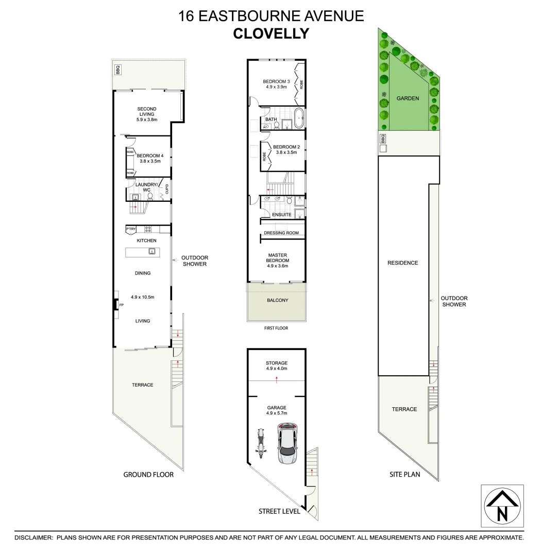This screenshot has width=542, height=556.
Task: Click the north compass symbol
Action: (502, 506)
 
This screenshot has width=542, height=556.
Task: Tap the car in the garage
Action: (287, 443)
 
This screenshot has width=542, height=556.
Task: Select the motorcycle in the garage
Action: (260, 443)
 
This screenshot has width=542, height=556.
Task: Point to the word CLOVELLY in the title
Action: (271, 33)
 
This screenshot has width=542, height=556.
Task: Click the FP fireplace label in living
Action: (122, 305)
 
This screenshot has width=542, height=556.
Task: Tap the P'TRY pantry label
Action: (131, 230)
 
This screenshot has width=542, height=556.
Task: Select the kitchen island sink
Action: (152, 252)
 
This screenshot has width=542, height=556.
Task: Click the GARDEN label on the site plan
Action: (408, 98)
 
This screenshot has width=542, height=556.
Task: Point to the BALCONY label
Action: (277, 300)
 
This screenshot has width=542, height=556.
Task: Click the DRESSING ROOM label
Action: (281, 233)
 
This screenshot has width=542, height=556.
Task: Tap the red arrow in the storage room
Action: (277, 380)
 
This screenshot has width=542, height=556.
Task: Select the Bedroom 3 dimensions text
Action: (277, 88)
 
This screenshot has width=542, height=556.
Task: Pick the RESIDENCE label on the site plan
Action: (403, 263)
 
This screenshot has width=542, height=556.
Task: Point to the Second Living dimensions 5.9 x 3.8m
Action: (147, 119)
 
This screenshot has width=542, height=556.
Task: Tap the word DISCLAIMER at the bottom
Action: (33, 537)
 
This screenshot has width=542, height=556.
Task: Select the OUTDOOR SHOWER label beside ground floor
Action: (195, 261)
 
